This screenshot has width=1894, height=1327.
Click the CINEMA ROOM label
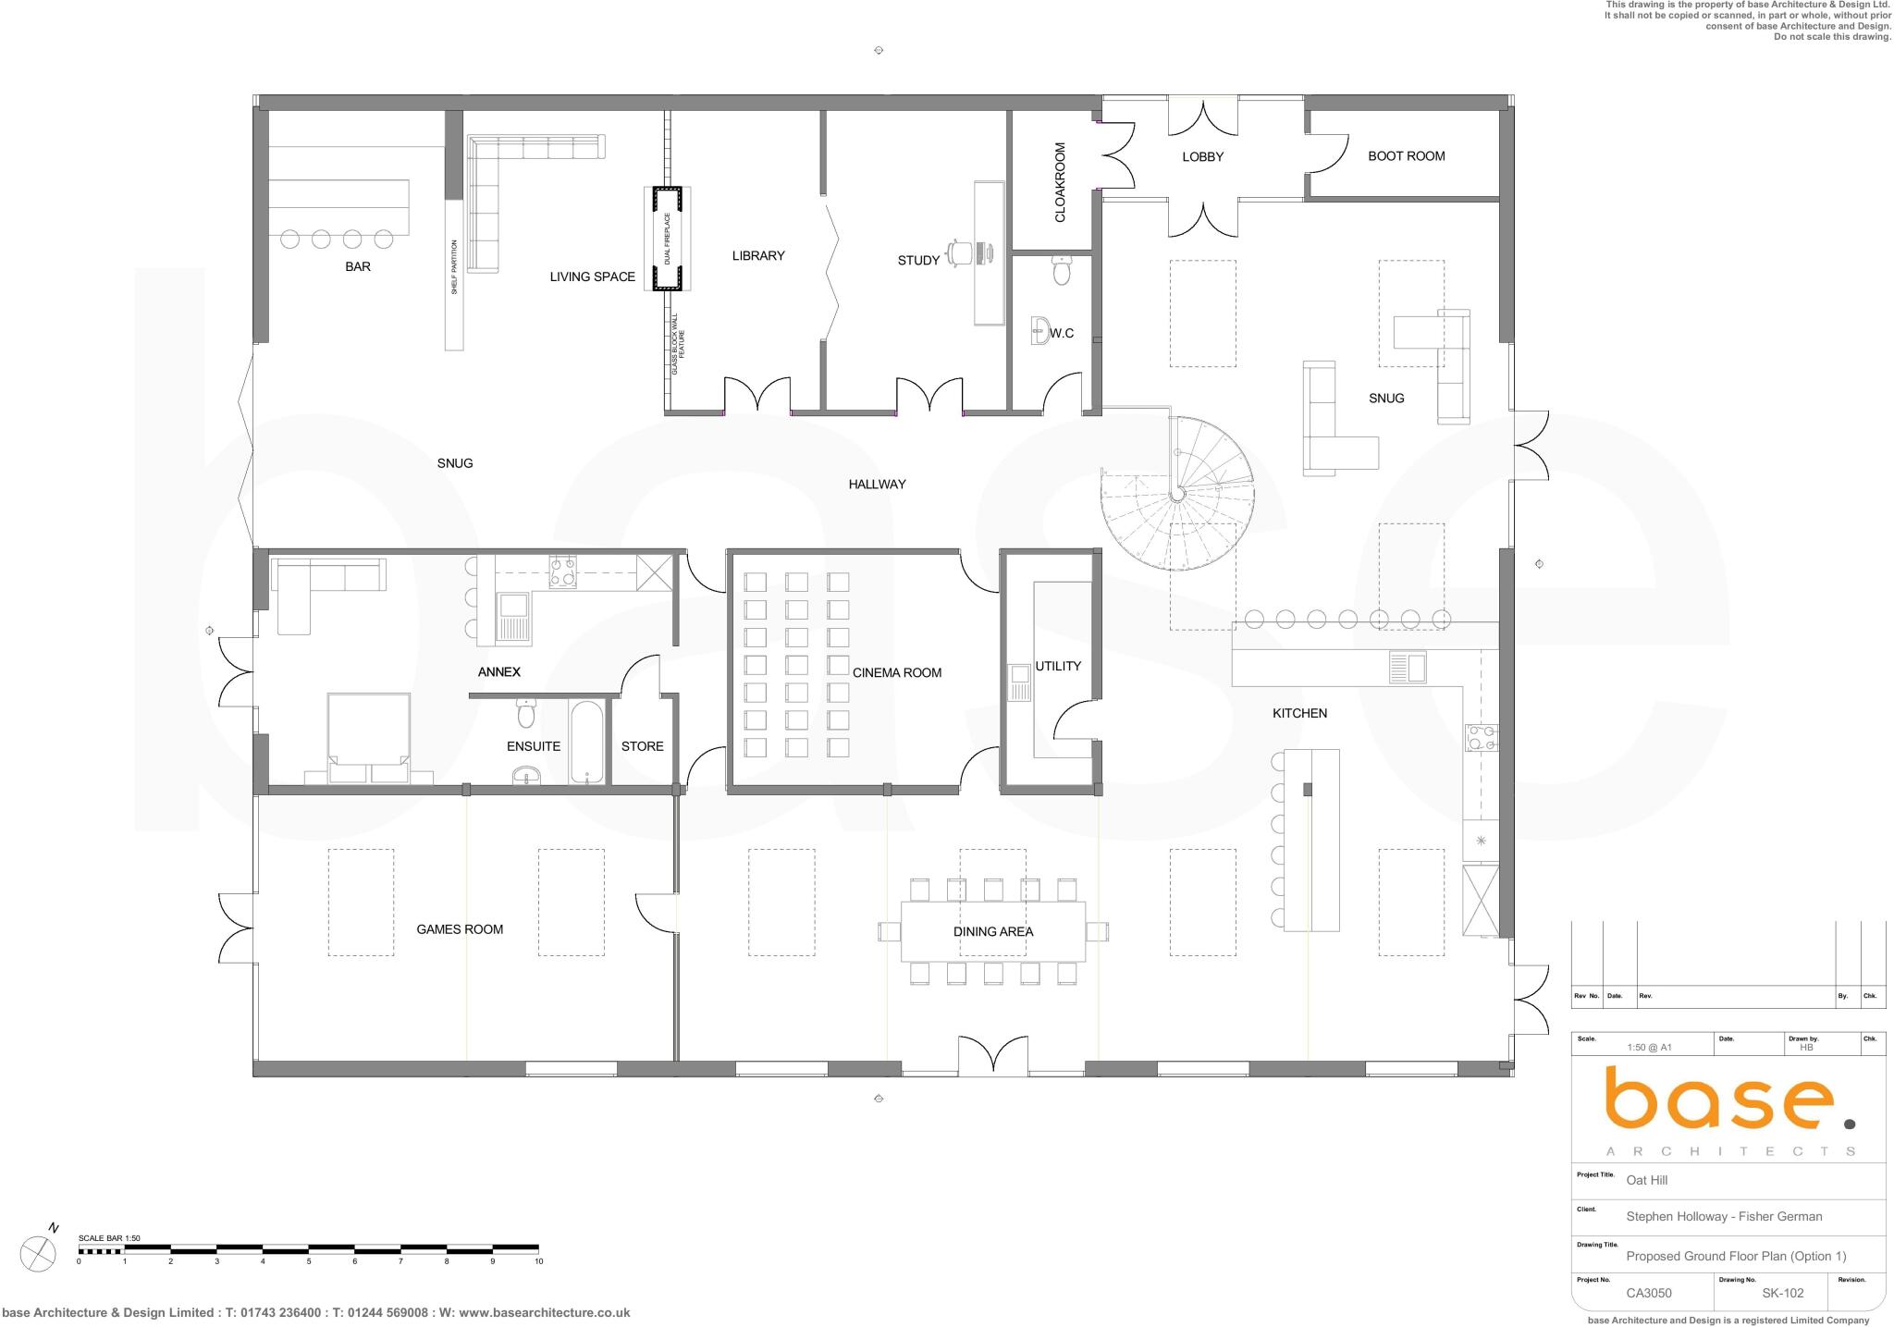tap(896, 672)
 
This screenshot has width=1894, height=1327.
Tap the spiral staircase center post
tap(1176, 495)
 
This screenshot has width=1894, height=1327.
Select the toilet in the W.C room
tap(1061, 271)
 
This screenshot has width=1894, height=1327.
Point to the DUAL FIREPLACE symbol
tap(668, 239)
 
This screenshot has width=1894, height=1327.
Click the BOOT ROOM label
tap(1406, 156)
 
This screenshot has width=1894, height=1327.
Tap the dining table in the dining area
tap(992, 931)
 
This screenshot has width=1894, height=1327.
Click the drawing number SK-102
tap(1782, 1293)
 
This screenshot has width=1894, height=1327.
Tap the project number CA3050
tap(1648, 1293)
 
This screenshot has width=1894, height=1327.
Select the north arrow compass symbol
tap(38, 1253)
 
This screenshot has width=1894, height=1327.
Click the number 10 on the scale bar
tap(538, 1261)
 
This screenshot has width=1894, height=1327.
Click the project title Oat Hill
tap(1646, 1180)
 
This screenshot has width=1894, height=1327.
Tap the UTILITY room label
tap(1057, 666)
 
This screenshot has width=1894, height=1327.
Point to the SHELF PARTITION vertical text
tap(454, 266)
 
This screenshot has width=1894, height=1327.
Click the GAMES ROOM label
tap(459, 929)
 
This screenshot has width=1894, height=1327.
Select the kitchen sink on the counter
tap(1407, 667)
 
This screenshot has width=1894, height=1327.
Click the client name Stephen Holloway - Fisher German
tap(1724, 1216)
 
